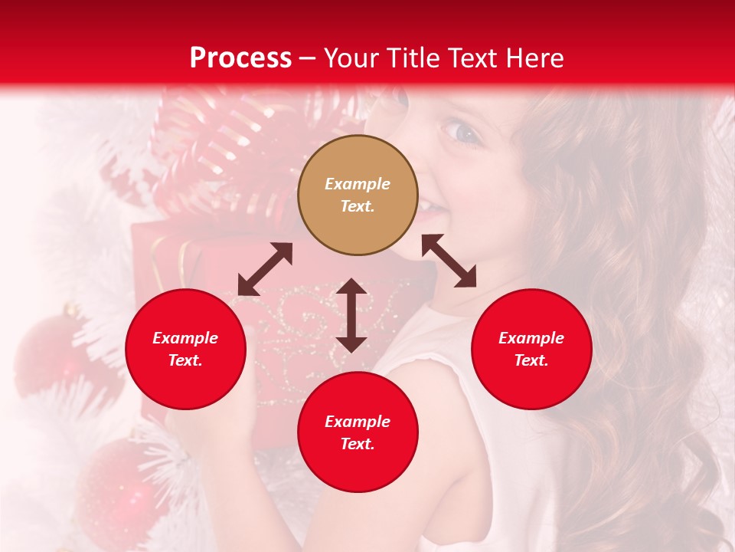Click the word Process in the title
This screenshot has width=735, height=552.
pos(240,58)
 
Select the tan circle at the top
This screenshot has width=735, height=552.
pos(358,195)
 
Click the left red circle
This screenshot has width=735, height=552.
pos(185,349)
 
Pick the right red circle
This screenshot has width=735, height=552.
pos(531,349)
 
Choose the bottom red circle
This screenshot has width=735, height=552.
pos(358,432)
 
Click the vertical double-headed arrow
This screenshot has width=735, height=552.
pos(351,315)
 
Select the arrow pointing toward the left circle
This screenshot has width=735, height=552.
pos(265,269)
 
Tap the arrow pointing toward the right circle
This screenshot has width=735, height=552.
pos(449,261)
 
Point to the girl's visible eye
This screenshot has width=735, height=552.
pos(465,133)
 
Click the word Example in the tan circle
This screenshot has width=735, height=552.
pos(358,184)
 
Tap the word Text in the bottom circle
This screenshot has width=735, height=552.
pos(358,444)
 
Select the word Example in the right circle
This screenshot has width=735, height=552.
pos(531,338)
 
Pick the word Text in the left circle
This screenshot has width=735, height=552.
pos(185,360)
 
